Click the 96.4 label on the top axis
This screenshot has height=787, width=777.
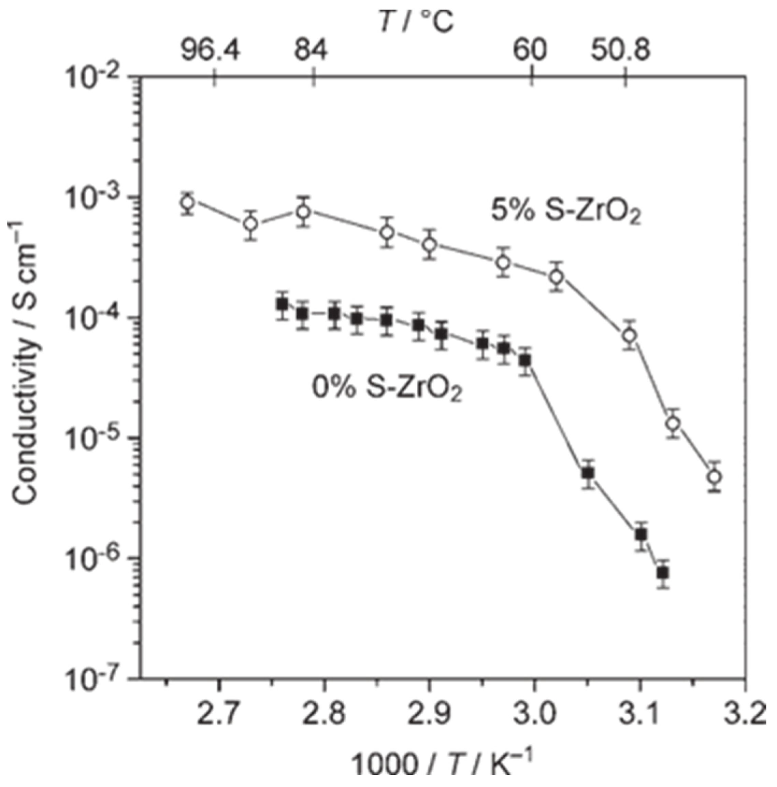click(x=211, y=52)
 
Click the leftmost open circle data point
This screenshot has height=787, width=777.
click(x=187, y=202)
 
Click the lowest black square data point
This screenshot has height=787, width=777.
click(x=663, y=573)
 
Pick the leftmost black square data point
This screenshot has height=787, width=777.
click(x=282, y=304)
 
